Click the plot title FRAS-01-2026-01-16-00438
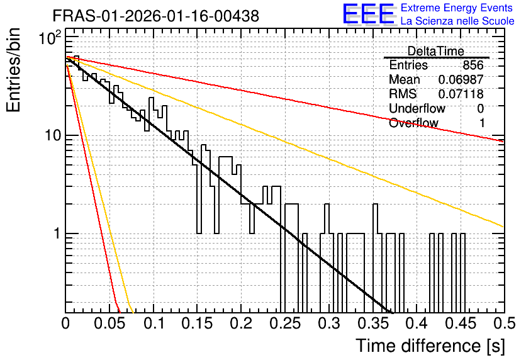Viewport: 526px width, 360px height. (x=156, y=16)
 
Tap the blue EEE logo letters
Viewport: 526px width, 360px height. (x=368, y=14)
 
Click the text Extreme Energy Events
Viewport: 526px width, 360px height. (x=457, y=8)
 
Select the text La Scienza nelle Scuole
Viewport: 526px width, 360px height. (x=457, y=21)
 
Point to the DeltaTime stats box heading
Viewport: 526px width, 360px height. (x=436, y=51)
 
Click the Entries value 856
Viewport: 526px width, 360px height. (x=473, y=65)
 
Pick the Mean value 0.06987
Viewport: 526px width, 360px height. (x=461, y=79)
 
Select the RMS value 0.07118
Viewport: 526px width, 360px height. (x=461, y=94)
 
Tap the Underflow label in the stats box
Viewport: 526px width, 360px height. (x=417, y=108)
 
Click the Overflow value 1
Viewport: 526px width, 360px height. (x=481, y=123)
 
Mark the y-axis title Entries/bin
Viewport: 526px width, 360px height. (x=14, y=70)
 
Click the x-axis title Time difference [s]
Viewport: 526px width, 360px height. (x=430, y=346)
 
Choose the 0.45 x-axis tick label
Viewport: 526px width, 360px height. (x=461, y=323)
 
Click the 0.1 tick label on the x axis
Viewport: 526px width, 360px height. (x=155, y=323)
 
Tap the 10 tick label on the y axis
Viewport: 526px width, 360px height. (x=53, y=135)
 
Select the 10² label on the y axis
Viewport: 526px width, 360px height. (x=50, y=38)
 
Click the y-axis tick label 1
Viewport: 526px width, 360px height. (x=57, y=233)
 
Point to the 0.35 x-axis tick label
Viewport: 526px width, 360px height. (x=372, y=323)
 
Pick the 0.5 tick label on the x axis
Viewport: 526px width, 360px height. (x=505, y=323)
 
